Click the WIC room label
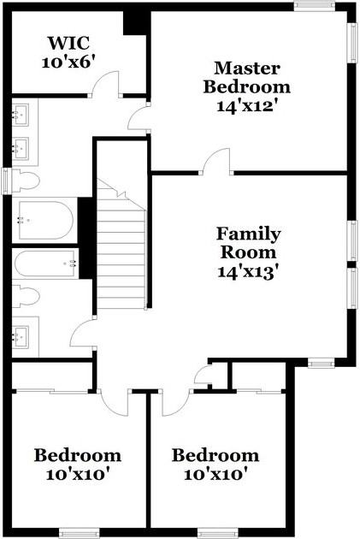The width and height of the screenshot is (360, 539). (68, 43)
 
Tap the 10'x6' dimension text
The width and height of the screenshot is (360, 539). (68, 62)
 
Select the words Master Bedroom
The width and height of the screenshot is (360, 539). (246, 77)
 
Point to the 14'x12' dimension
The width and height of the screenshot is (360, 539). (246, 105)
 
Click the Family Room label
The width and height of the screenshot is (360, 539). (248, 243)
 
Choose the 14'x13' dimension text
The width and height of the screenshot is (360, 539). (247, 272)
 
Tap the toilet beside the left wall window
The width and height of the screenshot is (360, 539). (26, 181)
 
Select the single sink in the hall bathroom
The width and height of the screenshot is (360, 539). (22, 336)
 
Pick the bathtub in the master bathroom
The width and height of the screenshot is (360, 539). (46, 221)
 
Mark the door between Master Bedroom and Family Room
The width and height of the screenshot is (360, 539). (216, 162)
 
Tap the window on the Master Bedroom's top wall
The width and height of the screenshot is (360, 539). (315, 6)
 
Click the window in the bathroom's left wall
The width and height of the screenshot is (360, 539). (7, 181)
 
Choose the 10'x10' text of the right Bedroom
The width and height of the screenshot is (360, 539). (215, 475)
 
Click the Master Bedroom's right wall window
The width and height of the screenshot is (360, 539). (352, 43)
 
